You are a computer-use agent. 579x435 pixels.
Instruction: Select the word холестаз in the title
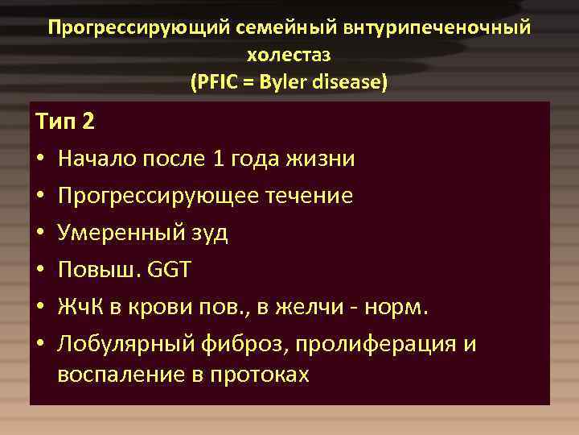[x=289, y=55]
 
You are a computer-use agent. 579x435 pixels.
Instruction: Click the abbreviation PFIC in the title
[x=216, y=82]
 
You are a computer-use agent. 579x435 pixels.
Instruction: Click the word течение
[x=309, y=196]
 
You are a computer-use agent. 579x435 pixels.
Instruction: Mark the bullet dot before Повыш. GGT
[x=41, y=271]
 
